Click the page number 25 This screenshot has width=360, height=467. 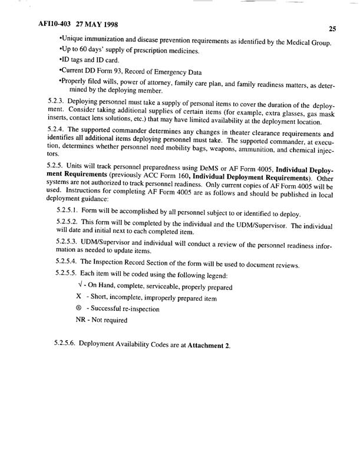click(332, 28)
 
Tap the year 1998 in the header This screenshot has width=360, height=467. click(106, 26)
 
